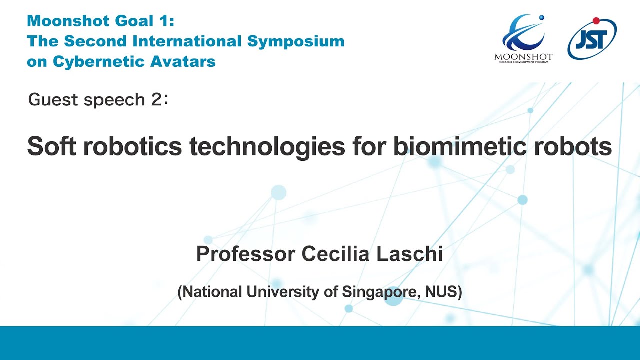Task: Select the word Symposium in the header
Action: pyautogui.click(x=295, y=41)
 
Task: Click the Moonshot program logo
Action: pyautogui.click(x=523, y=38)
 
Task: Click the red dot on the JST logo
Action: pyautogui.click(x=596, y=20)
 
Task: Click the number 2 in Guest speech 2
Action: pyautogui.click(x=155, y=100)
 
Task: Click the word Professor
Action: pyautogui.click(x=245, y=254)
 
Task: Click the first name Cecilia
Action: pyautogui.click(x=335, y=254)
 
